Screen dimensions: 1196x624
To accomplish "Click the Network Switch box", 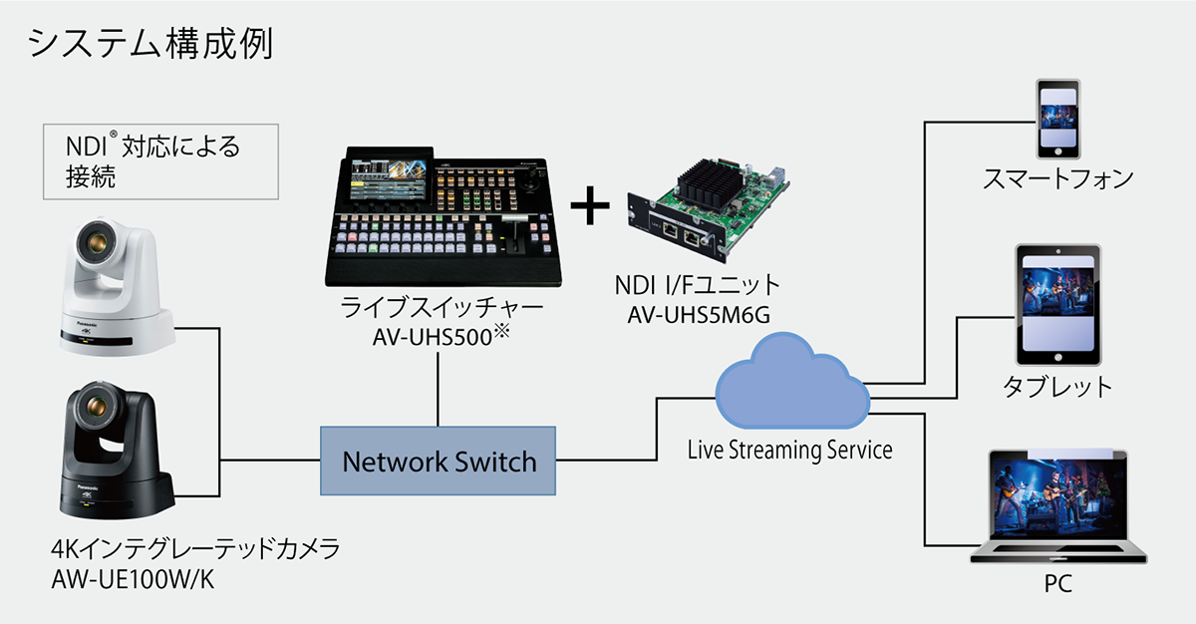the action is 438,461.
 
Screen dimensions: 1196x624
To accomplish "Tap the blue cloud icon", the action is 793,382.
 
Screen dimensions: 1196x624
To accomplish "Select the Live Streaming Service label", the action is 789,450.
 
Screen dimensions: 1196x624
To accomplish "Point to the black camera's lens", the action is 97,405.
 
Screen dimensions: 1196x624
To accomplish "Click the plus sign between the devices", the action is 590,205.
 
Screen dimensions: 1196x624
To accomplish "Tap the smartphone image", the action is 1057,119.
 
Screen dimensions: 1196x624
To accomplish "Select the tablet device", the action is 1057,305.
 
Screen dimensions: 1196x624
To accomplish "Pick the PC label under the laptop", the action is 1058,583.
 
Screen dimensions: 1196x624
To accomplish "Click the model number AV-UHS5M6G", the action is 699,315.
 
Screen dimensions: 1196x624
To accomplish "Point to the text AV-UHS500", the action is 432,337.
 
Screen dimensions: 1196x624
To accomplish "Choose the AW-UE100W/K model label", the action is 133,579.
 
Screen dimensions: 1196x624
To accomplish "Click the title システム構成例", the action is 150,43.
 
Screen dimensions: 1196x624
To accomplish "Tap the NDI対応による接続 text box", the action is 160,161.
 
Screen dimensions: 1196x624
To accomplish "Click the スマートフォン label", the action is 1057,178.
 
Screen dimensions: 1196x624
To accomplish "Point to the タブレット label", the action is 1057,387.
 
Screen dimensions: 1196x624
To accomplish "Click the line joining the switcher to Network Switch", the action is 438,389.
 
